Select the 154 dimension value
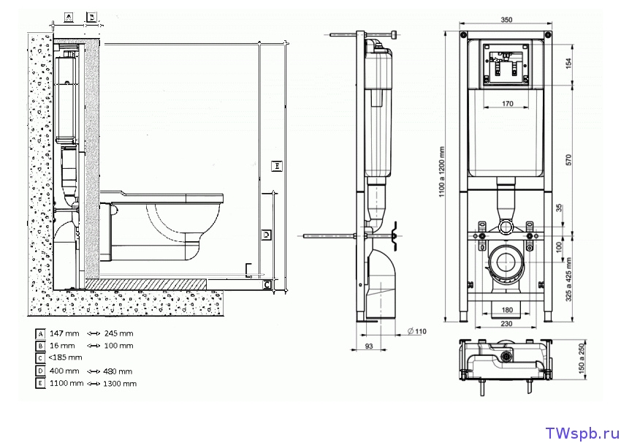(x=569, y=64)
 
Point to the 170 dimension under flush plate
(x=507, y=104)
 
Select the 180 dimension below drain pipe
(x=506, y=309)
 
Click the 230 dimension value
(x=506, y=325)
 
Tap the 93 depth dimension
(x=368, y=346)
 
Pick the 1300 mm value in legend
(x=119, y=383)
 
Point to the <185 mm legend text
(x=65, y=358)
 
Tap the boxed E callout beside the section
(x=276, y=166)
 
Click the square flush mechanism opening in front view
(x=506, y=64)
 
